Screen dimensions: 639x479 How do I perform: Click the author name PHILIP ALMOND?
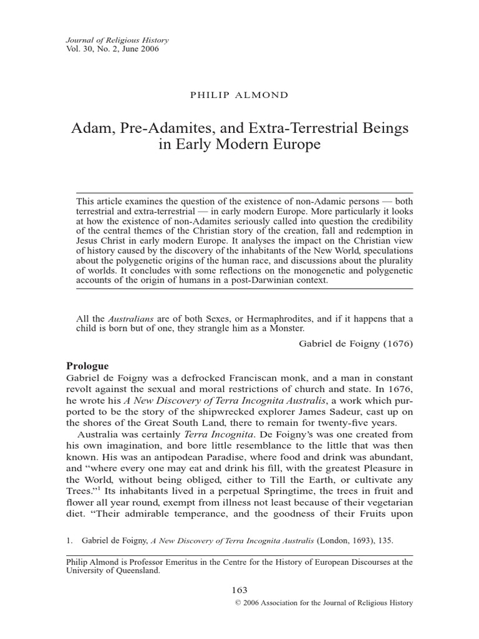click(239, 95)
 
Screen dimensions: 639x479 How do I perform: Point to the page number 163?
click(239, 590)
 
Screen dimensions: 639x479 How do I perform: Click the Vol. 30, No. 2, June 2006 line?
click(112, 50)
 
